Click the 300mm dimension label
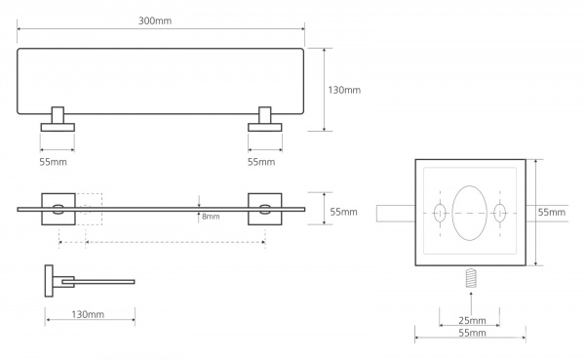(155, 20)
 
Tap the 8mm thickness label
(211, 217)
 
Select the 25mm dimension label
(472, 320)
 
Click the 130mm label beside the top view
(344, 90)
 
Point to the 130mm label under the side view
(88, 314)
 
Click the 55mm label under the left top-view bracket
(53, 162)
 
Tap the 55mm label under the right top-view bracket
(261, 162)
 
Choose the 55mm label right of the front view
(343, 212)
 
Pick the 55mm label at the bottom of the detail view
(472, 333)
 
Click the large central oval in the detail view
(469, 213)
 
